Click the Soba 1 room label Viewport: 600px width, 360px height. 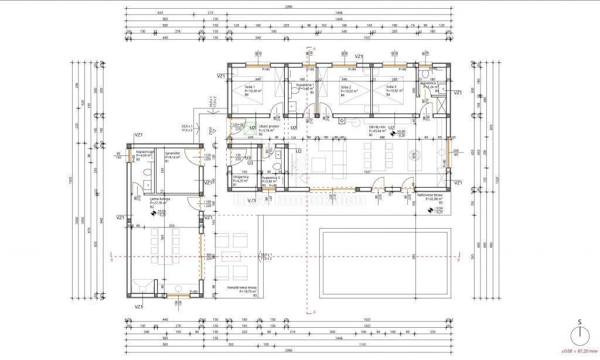pos(250,87)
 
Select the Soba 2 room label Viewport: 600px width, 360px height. pos(346,87)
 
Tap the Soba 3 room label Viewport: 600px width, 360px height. pos(391,87)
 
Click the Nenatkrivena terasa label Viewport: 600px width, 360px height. pos(243,287)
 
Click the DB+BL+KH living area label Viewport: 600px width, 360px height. pos(377,126)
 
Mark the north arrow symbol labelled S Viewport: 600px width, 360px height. pos(579,334)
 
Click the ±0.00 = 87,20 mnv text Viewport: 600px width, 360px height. pos(579,351)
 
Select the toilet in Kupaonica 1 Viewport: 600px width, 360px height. pos(291,106)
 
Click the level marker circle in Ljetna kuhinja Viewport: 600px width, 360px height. pos(137,213)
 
